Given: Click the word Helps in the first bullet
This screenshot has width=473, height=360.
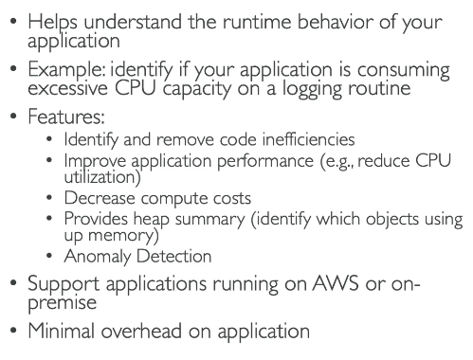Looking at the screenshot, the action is tap(52, 23).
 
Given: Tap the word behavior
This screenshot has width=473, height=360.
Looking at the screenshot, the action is tap(336, 22).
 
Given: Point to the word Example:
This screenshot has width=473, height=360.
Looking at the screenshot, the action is tap(66, 70).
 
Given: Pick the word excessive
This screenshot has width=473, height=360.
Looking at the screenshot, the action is tap(67, 88).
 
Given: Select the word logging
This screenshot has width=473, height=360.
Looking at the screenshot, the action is tap(312, 89).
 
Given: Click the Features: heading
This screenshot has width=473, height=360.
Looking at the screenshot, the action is tap(66, 117).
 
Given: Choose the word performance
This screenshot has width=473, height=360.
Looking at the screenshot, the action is tap(265, 161).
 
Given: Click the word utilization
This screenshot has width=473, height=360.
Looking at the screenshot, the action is tap(100, 177).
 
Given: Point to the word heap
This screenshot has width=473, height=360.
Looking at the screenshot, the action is tap(151, 220).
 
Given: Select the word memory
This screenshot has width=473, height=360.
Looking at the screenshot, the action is tap(121, 236).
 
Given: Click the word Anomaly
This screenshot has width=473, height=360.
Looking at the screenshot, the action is tap(97, 257).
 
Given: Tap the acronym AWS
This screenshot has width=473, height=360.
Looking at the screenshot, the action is tap(336, 283).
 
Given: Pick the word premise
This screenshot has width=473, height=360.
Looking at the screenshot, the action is tap(62, 303).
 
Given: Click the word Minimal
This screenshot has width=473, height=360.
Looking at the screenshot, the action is tap(61, 331).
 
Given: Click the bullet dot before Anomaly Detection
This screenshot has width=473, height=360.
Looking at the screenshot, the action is tap(49, 256).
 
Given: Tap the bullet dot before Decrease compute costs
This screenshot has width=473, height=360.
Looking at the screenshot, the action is tap(49, 198).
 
